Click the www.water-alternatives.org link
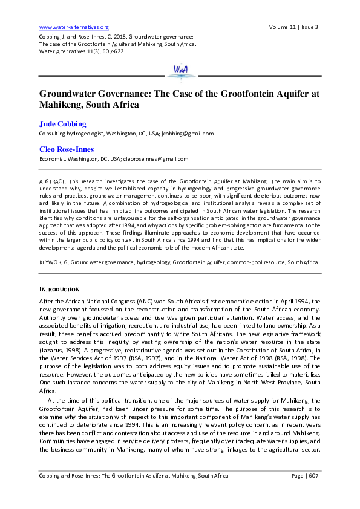coord(74,27)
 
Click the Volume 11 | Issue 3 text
coord(293,27)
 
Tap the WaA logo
coord(180,70)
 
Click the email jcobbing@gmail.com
coord(188,134)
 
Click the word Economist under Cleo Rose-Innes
coord(53,159)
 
